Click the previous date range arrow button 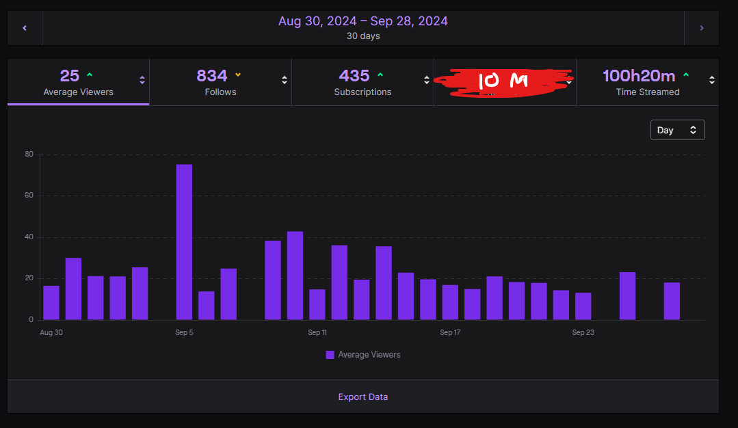pyautogui.click(x=25, y=28)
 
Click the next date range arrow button pyautogui.click(x=701, y=28)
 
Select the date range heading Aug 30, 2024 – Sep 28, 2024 pyautogui.click(x=363, y=21)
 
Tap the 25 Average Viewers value pyautogui.click(x=70, y=76)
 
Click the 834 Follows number pyautogui.click(x=212, y=76)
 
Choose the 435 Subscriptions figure pyautogui.click(x=354, y=76)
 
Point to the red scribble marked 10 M pyautogui.click(x=504, y=81)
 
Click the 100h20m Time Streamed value pyautogui.click(x=639, y=76)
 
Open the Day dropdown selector pyautogui.click(x=677, y=130)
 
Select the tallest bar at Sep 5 pyautogui.click(x=184, y=242)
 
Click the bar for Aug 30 pyautogui.click(x=51, y=303)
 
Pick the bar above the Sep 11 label pyautogui.click(x=317, y=304)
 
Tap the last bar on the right pyautogui.click(x=672, y=301)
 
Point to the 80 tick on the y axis pyautogui.click(x=29, y=155)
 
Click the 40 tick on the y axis pyautogui.click(x=29, y=237)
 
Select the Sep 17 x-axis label pyautogui.click(x=450, y=333)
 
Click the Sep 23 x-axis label pyautogui.click(x=583, y=333)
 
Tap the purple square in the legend pyautogui.click(x=330, y=355)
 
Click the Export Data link pyautogui.click(x=363, y=397)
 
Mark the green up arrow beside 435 pyautogui.click(x=380, y=75)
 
